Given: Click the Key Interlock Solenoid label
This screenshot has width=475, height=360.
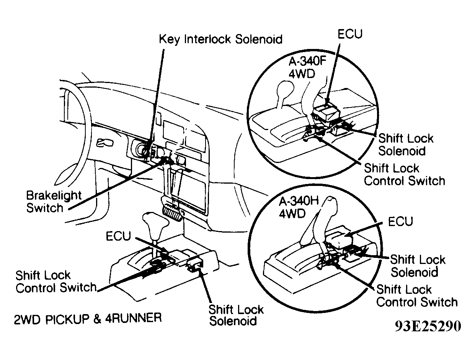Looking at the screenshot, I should pyautogui.click(x=220, y=39).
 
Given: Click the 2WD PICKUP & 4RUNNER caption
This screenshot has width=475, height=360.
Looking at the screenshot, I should pyautogui.click(x=88, y=318).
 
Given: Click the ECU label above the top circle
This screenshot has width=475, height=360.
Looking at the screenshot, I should pyautogui.click(x=349, y=34).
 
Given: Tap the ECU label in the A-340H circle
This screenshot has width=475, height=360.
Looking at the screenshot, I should pyautogui.click(x=400, y=222).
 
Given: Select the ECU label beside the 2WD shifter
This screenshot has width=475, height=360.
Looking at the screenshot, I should pyautogui.click(x=118, y=236).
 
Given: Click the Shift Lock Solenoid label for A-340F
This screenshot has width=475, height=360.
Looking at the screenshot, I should pyautogui.click(x=406, y=144).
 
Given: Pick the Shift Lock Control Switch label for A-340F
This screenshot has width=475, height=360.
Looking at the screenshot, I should pyautogui.click(x=404, y=174).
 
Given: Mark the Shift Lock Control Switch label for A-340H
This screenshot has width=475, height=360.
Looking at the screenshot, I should pyautogui.click(x=417, y=296).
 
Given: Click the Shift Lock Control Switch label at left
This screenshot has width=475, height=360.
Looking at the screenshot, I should pyautogui.click(x=55, y=281).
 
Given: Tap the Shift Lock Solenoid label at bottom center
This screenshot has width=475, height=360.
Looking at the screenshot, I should pyautogui.click(x=236, y=315).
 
